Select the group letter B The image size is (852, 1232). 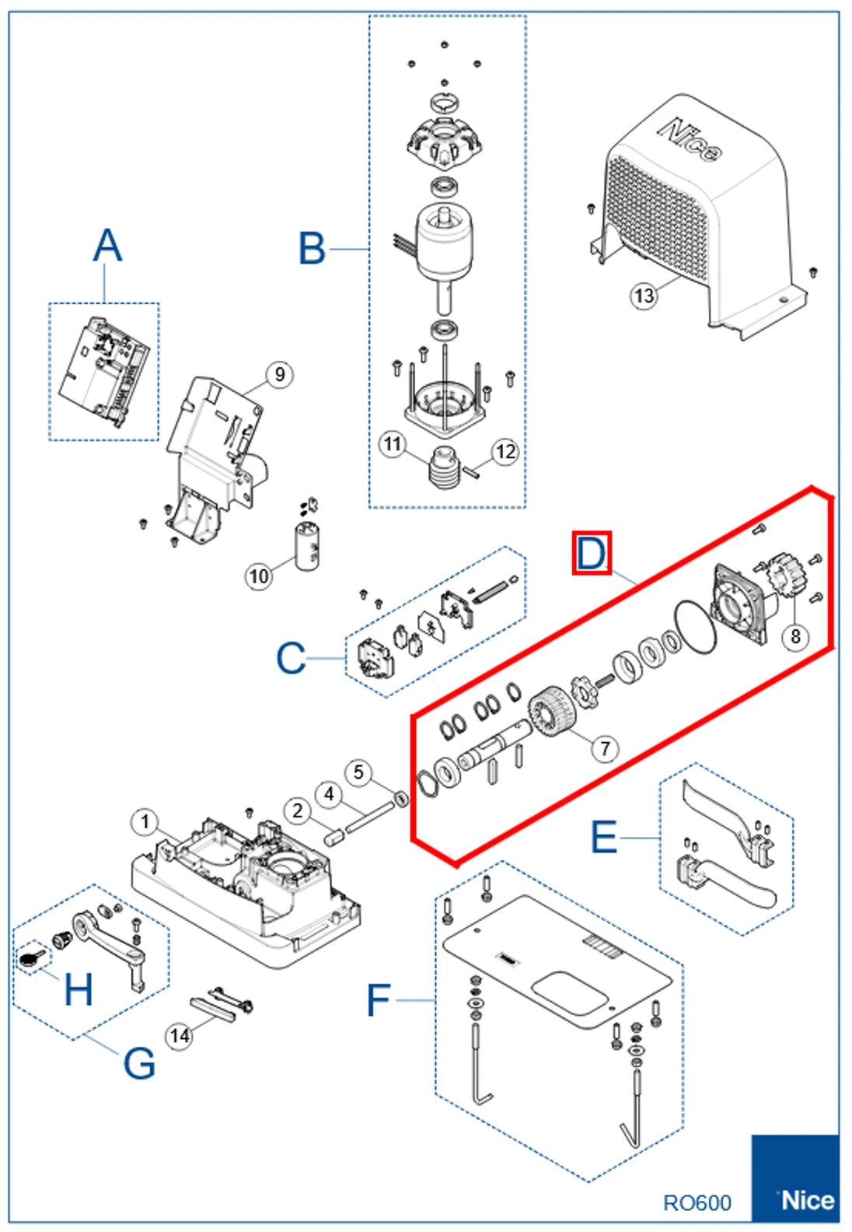(312, 249)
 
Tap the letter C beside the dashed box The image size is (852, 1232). (291, 658)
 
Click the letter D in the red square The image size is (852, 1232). (592, 554)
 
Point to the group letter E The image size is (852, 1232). (604, 838)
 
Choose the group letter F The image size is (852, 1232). (378, 1000)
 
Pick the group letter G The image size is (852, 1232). (139, 1062)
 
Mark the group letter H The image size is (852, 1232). (78, 989)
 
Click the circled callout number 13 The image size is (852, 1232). (644, 296)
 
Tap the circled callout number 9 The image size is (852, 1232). (279, 375)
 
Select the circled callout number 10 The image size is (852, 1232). (258, 576)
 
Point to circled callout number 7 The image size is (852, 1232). (605, 748)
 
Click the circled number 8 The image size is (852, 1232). (795, 636)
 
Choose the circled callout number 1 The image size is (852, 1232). (145, 822)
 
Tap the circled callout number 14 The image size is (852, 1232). (180, 1036)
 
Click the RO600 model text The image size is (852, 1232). (697, 1203)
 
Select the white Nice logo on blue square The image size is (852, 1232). (807, 1200)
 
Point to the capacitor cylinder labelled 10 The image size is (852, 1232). (307, 548)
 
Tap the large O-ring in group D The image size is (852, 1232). (694, 627)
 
